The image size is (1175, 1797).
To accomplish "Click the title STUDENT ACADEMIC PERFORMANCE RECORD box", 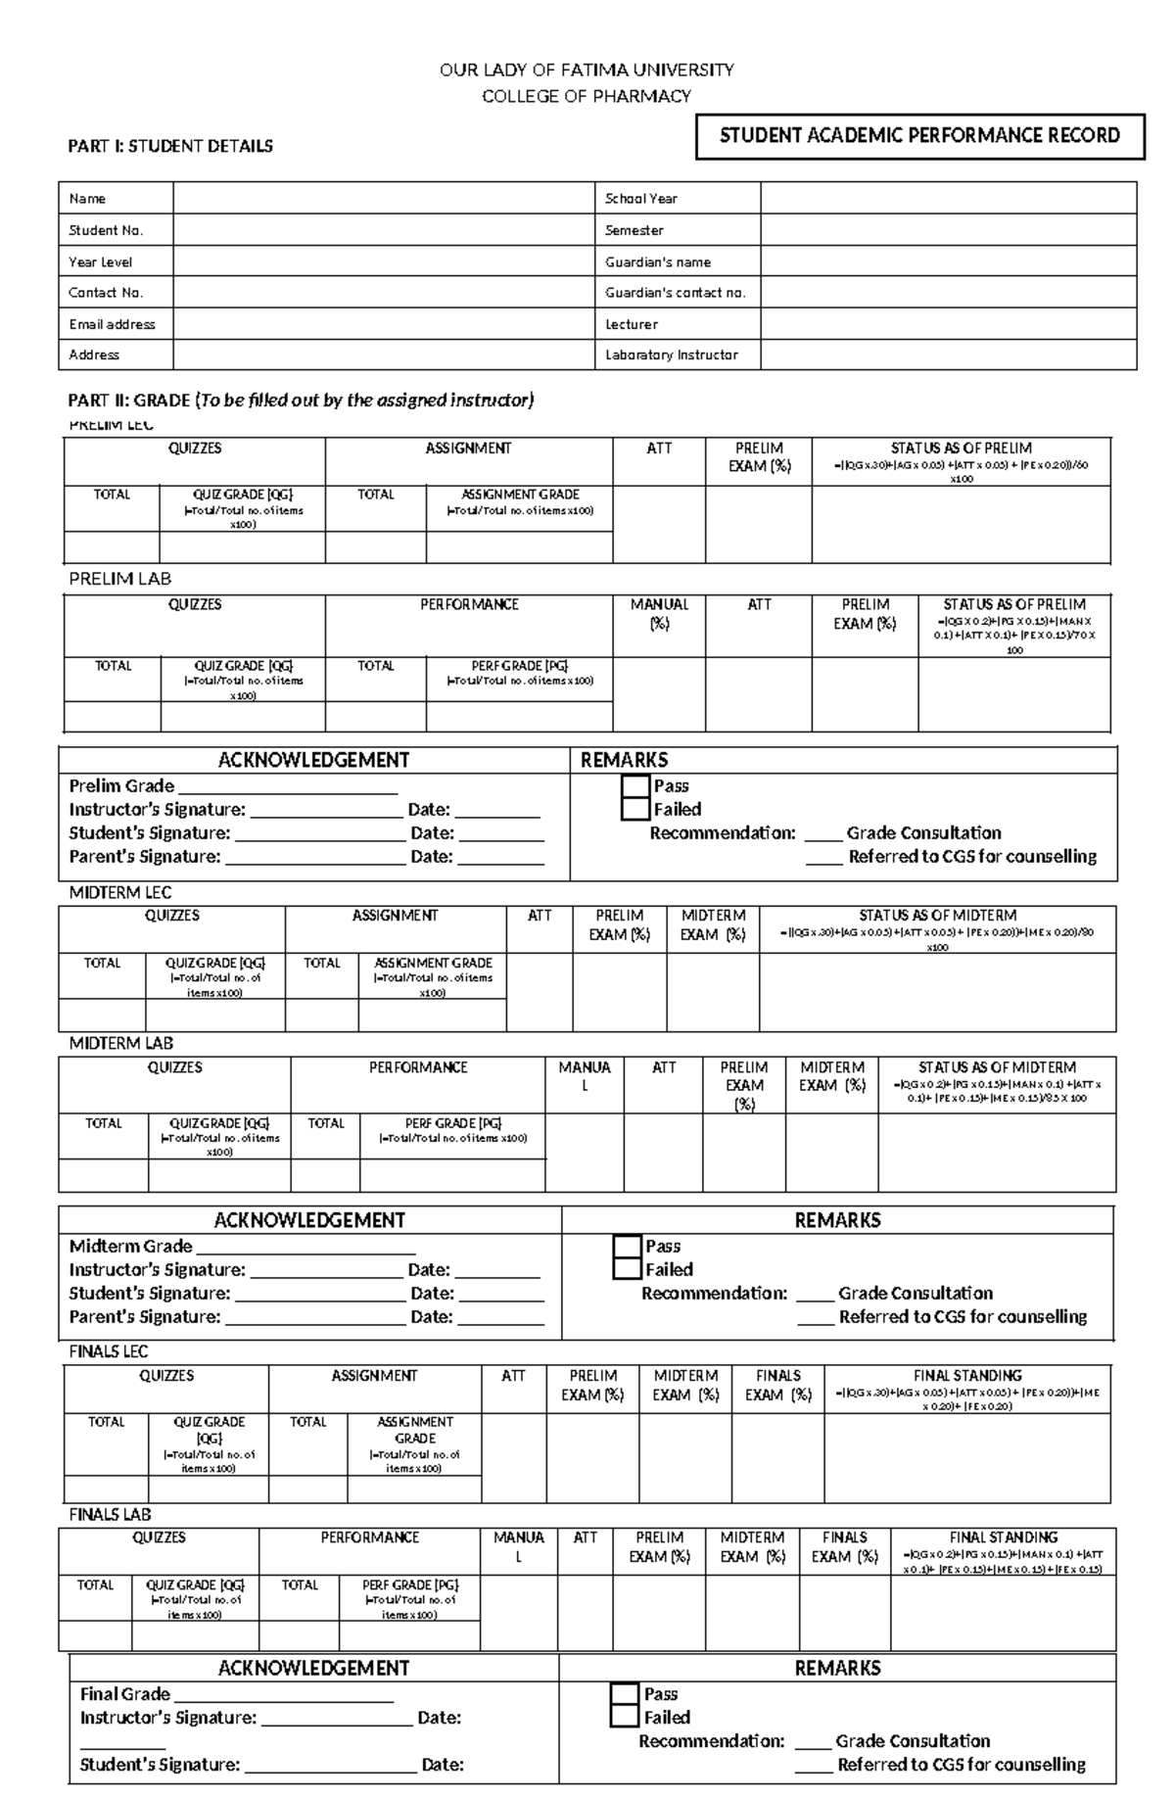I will point(919,136).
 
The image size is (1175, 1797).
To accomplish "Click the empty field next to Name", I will point(384,199).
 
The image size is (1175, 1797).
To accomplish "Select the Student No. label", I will point(106,230).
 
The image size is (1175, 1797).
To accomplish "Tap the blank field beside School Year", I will point(948,199).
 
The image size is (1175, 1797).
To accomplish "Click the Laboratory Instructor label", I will point(671,355).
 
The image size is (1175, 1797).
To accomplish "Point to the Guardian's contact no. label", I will point(675,293).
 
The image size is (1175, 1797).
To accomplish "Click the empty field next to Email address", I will point(384,324).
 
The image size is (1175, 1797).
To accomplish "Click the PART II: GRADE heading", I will point(301,400).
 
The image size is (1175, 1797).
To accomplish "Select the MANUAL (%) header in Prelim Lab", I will point(659,614).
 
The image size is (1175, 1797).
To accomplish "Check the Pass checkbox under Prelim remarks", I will point(635,786).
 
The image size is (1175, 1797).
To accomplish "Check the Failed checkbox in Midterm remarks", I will point(627,1269).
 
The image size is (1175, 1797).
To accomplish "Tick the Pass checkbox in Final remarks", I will point(625,1693).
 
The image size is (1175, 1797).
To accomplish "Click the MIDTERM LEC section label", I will point(120,892).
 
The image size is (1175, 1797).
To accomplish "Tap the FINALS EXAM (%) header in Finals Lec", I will point(778,1385).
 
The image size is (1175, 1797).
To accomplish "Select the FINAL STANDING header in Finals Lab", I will point(1004,1537).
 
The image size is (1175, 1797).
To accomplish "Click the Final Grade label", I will point(125,1693).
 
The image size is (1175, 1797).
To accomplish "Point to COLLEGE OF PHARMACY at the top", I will point(587,96).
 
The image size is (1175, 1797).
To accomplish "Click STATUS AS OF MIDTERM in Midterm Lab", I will point(997,1066).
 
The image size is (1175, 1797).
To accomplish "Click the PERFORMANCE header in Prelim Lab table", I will point(469,604).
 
